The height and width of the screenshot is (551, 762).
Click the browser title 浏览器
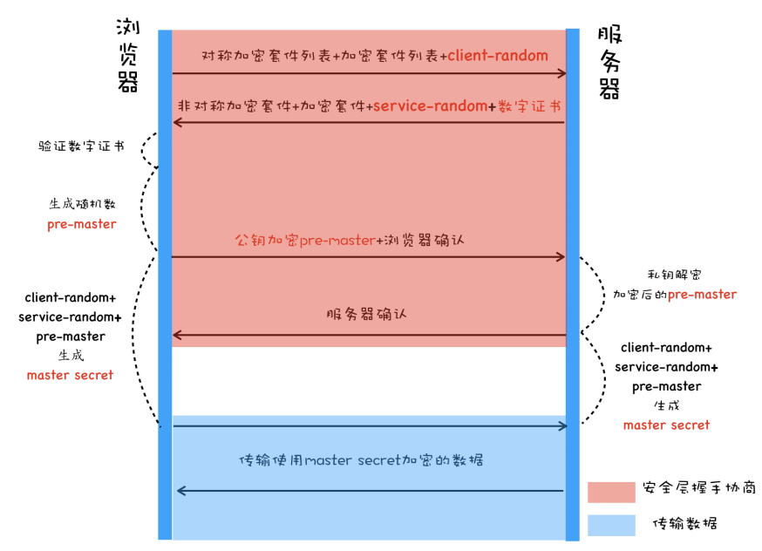pos(128,55)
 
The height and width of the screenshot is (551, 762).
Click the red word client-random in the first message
pos(498,56)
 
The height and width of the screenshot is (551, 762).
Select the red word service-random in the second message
pos(430,105)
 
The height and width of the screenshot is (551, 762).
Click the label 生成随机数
pos(82,204)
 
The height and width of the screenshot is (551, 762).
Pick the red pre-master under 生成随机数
pos(82,224)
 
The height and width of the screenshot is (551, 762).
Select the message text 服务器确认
pos(366,314)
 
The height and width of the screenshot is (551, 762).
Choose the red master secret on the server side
pos(666,425)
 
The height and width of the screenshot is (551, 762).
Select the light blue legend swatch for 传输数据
pos(610,525)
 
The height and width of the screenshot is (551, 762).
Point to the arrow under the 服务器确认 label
pos(369,335)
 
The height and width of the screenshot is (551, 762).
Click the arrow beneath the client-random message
pos(369,74)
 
